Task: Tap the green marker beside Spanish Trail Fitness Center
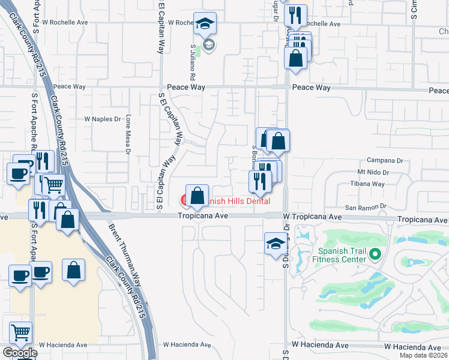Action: (x=376, y=254)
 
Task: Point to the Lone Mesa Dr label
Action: (x=128, y=135)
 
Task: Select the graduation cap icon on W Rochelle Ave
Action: (x=205, y=24)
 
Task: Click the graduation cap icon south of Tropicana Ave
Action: (x=276, y=244)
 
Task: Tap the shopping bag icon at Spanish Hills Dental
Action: (x=197, y=195)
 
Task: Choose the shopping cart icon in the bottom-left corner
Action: (x=21, y=332)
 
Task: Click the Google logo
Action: (x=20, y=353)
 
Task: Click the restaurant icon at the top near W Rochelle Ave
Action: (x=295, y=15)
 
